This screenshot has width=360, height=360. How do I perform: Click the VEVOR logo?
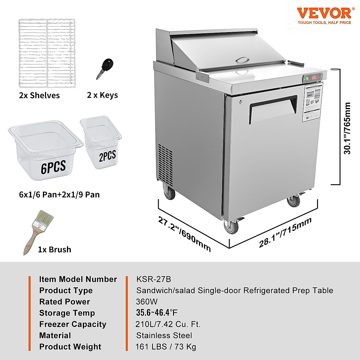click(x=324, y=14)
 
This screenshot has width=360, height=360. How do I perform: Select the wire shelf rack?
click(x=47, y=53)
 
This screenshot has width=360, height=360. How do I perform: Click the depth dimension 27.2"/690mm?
click(x=184, y=234)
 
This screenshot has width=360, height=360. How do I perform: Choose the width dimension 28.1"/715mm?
click(x=285, y=232)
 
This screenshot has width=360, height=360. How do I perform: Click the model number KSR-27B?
click(x=154, y=279)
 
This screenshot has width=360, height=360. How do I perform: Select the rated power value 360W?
click(x=147, y=302)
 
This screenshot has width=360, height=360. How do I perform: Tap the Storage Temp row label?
click(x=67, y=313)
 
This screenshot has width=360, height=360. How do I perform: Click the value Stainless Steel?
click(x=164, y=335)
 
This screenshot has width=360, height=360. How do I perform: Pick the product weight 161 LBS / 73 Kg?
click(x=166, y=347)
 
